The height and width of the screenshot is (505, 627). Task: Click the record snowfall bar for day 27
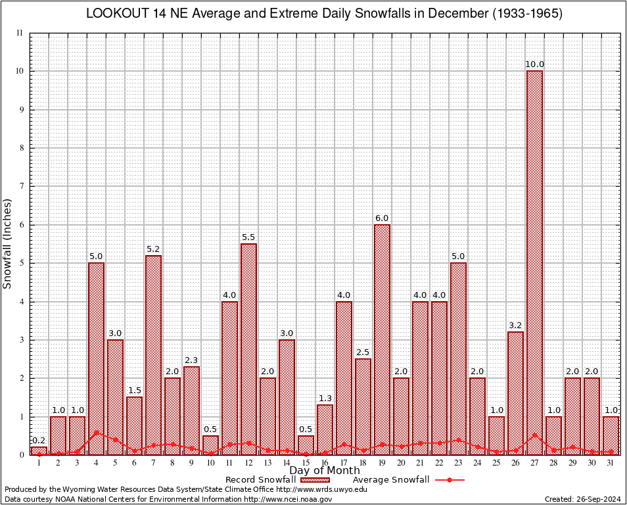(534, 262)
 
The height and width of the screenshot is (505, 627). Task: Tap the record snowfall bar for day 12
(248, 349)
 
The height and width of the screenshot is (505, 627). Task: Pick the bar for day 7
(153, 354)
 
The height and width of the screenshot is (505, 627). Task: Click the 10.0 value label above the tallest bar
(534, 64)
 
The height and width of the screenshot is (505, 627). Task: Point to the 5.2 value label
(153, 249)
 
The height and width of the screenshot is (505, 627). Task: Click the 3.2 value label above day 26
(515, 325)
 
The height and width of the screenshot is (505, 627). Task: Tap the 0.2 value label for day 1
(39, 441)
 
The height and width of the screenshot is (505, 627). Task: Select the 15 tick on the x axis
(306, 463)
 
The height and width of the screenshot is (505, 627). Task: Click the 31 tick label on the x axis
(611, 463)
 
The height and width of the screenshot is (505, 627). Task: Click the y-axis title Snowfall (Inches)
(8, 243)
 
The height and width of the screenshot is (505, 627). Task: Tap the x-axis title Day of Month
(325, 471)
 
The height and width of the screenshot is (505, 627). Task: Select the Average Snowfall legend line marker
(449, 480)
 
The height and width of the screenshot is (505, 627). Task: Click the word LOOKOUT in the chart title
(116, 14)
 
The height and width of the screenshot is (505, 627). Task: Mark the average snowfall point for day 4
(96, 433)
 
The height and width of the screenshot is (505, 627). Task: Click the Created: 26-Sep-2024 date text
(583, 499)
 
